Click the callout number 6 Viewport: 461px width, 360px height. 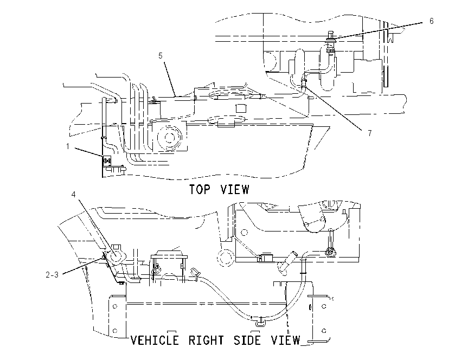[x=431, y=21]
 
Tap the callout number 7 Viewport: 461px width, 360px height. [x=370, y=133]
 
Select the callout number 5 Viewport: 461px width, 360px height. [x=160, y=55]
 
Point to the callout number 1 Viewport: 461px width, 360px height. [x=68, y=146]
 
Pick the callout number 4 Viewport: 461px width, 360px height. [x=74, y=194]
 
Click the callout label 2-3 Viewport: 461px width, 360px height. [x=52, y=275]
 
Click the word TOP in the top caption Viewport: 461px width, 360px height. [x=200, y=189]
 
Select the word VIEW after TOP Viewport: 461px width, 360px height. [x=235, y=189]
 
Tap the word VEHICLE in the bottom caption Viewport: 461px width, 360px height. [x=155, y=340]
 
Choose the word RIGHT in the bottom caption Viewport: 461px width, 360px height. [x=206, y=340]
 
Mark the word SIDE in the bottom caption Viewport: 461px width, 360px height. [x=247, y=340]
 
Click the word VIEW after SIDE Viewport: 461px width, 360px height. [x=285, y=340]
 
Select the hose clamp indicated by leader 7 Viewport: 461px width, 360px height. [x=304, y=81]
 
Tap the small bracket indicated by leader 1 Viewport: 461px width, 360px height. [x=107, y=160]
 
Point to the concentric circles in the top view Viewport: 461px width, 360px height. [x=169, y=137]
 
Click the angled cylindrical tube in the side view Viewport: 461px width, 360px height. [x=287, y=262]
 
